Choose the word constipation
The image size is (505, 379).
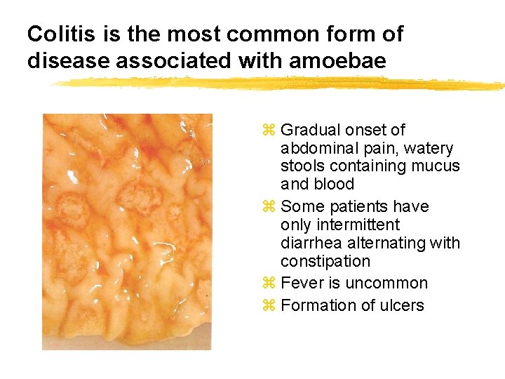pyautogui.click(x=325, y=261)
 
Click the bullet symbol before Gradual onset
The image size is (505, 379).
pyautogui.click(x=267, y=131)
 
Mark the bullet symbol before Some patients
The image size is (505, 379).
pyautogui.click(x=267, y=207)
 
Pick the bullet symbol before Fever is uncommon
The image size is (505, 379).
pyautogui.click(x=267, y=284)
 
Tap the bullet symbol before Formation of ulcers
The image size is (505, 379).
pyautogui.click(x=267, y=306)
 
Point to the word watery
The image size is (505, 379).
pyautogui.click(x=429, y=148)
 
